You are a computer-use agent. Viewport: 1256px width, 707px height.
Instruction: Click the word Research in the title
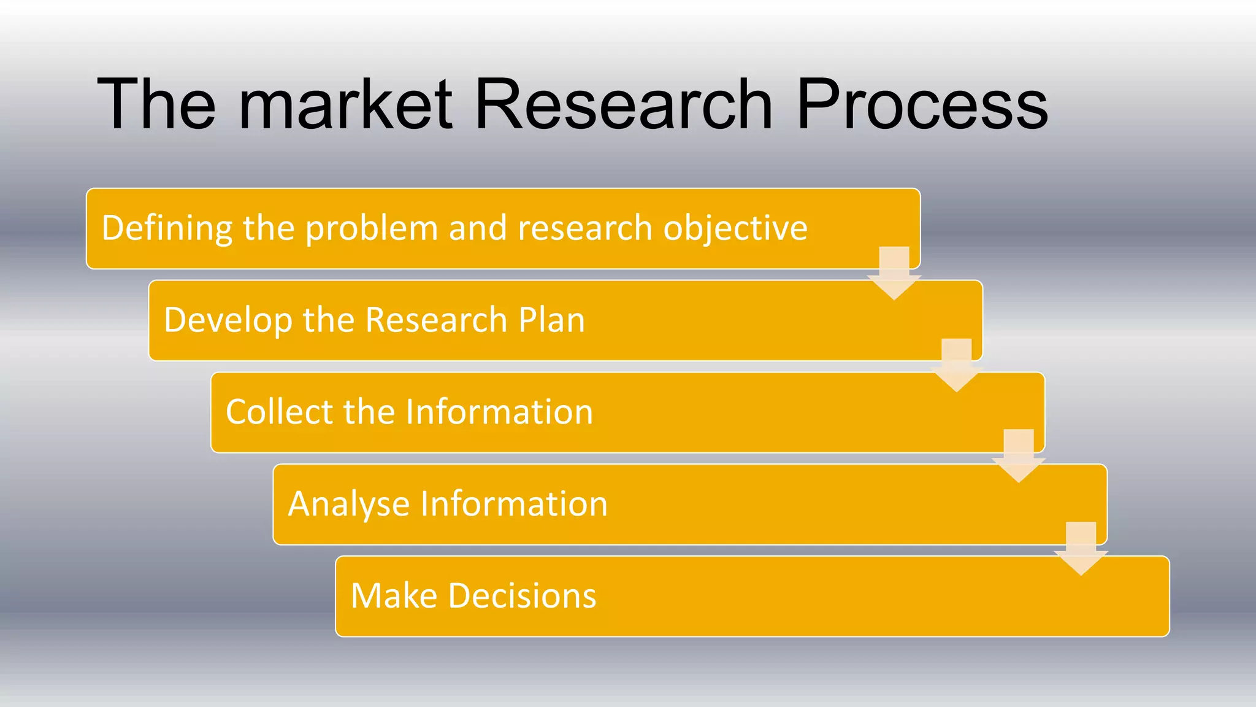[x=622, y=104]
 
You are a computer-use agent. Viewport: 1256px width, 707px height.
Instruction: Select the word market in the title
[x=345, y=104]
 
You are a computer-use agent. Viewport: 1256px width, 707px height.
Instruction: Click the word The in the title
[x=157, y=104]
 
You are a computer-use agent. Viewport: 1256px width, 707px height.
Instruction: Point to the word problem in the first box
[x=371, y=228]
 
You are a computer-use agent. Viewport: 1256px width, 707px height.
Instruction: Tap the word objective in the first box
[x=735, y=228]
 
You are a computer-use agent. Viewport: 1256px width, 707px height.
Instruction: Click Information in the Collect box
[x=499, y=412]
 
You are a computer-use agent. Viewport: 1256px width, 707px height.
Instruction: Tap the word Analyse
[x=349, y=504]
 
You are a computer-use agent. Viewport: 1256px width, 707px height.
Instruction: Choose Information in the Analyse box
[x=513, y=504]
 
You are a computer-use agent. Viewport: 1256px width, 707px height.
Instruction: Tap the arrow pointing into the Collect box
[x=957, y=366]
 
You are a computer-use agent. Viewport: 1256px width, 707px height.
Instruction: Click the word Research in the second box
[x=436, y=320]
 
